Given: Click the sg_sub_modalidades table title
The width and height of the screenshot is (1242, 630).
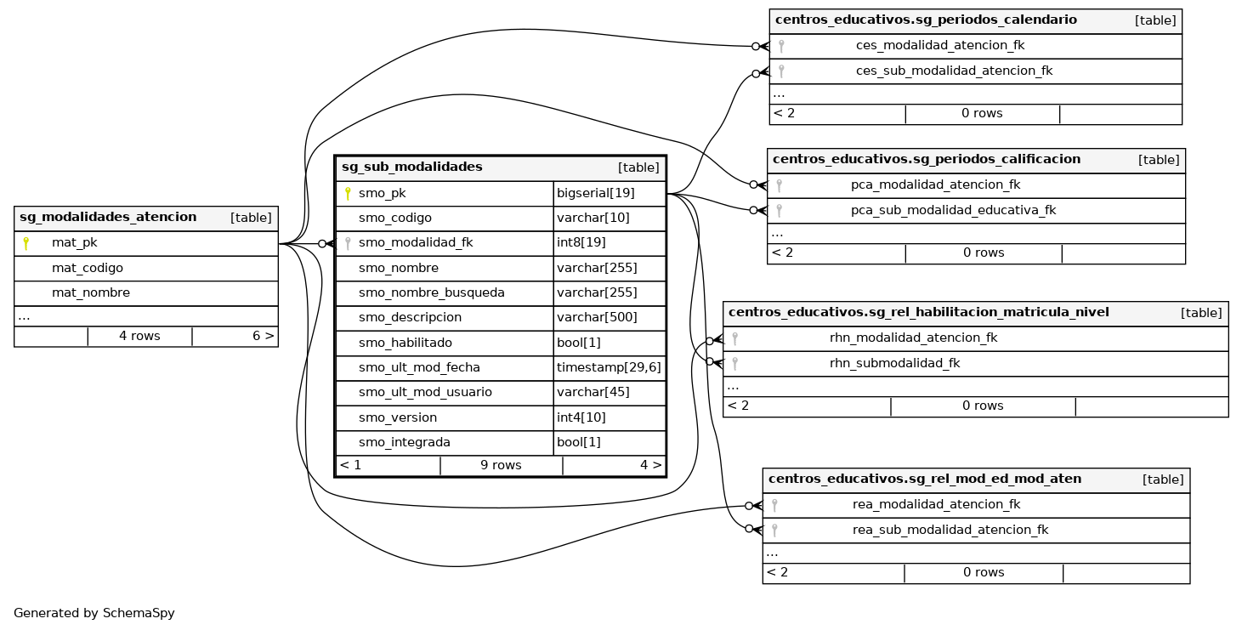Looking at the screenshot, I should point(412,167).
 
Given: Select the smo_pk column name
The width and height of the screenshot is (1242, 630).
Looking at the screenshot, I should point(382,193).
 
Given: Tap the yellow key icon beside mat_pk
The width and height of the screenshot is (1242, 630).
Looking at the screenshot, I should point(26,243).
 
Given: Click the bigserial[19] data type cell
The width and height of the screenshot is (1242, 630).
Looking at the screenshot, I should point(596,193).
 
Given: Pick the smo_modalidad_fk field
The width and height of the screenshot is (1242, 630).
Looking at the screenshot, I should point(415,243).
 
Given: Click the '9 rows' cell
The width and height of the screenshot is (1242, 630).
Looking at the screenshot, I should point(501,465).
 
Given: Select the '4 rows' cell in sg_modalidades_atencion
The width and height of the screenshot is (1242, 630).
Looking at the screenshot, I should point(139,336).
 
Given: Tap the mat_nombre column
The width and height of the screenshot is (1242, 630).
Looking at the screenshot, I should point(91,292).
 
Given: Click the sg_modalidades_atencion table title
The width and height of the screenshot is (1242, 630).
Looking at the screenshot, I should point(108,218).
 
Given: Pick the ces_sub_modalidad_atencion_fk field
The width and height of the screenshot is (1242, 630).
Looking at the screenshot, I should point(954,71).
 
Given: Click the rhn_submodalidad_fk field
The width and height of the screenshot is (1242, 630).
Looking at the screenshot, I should point(894,363).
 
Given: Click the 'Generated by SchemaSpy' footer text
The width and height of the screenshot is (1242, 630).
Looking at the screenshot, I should point(94,613).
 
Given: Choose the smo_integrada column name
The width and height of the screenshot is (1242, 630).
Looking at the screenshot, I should point(404,442).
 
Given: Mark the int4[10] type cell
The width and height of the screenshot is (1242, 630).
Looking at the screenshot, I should point(581,417).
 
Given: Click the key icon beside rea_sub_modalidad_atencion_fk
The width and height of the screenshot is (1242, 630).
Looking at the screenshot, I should point(774,530).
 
